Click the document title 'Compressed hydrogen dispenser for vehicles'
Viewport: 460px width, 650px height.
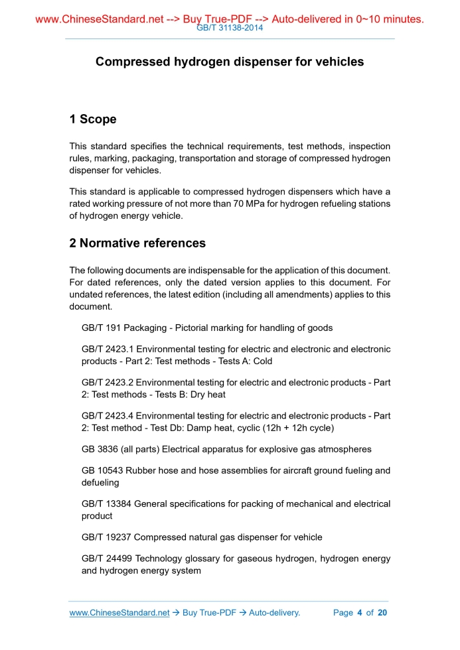230,62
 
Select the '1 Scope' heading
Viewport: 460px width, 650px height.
93,119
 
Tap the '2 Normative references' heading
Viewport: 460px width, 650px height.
137,243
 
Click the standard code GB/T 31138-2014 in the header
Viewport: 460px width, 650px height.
230,29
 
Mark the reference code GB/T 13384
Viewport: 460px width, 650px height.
106,504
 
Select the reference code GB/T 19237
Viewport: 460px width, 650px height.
106,537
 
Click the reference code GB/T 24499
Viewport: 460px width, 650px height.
106,558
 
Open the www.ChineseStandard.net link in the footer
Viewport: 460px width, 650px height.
119,613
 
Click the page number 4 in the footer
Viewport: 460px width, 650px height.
359,613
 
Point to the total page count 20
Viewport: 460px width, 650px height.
382,613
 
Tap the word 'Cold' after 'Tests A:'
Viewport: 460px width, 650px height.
262,361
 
